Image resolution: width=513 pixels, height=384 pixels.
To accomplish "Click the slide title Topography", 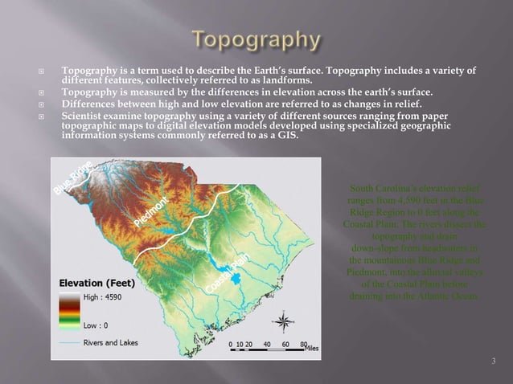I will pos(256,39).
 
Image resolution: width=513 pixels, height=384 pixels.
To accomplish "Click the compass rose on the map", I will pos(283,323).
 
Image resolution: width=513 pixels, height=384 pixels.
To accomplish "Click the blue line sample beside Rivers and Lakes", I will pos(69,343).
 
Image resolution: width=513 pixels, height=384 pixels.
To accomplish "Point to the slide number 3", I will pos(493,362).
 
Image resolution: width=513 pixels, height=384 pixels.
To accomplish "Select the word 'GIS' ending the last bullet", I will pos(286,135).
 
